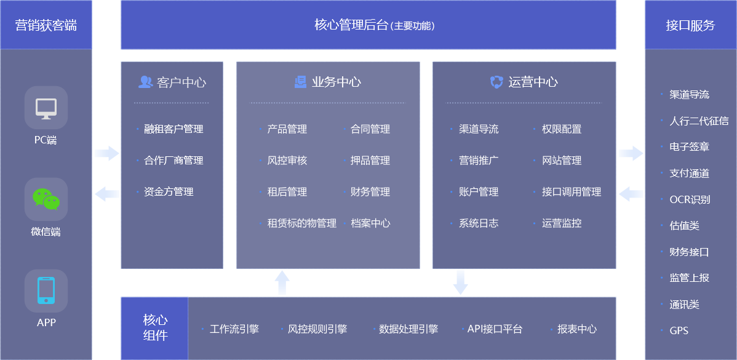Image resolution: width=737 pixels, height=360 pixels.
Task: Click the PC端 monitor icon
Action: point(46,108)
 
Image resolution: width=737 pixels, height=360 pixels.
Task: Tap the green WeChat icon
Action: point(46,199)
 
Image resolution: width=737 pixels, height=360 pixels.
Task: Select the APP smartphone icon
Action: point(46,290)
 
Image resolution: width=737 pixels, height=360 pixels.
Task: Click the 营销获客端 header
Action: point(46,25)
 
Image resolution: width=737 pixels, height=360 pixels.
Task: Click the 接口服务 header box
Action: point(690,25)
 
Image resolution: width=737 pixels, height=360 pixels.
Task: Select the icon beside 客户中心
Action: point(146,82)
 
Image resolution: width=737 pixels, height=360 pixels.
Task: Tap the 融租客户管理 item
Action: point(173,129)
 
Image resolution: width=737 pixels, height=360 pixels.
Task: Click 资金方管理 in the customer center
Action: point(169,192)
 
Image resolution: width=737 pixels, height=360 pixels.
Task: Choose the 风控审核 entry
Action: point(287,161)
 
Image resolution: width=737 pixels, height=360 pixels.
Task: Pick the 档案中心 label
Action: point(370,223)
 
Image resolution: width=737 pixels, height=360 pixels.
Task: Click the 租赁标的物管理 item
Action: point(301,223)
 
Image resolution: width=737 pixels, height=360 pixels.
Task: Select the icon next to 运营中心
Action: point(496,82)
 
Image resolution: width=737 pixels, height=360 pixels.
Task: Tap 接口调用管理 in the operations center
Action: point(571,192)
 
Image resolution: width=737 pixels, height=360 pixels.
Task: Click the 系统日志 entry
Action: point(479,223)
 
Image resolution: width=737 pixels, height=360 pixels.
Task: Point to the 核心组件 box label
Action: point(155,328)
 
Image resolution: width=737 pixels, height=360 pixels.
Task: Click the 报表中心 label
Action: point(576,329)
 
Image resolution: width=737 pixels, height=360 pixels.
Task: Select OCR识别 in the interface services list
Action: point(690,199)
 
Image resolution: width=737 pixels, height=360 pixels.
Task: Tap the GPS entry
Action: point(679,330)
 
